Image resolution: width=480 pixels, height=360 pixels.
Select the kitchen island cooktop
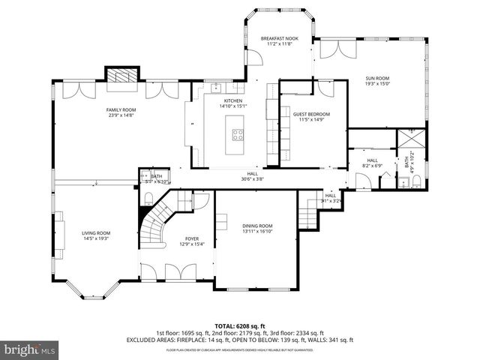(x=238, y=135)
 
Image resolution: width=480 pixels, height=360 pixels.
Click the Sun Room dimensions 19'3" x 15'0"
(x=377, y=84)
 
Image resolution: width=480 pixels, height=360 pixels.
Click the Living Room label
(x=96, y=233)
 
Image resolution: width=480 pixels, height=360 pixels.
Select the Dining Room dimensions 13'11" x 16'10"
(x=257, y=232)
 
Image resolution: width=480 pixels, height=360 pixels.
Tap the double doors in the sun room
(x=332, y=49)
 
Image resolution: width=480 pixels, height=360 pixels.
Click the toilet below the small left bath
(x=148, y=197)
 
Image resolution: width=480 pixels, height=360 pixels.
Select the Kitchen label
(x=233, y=100)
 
